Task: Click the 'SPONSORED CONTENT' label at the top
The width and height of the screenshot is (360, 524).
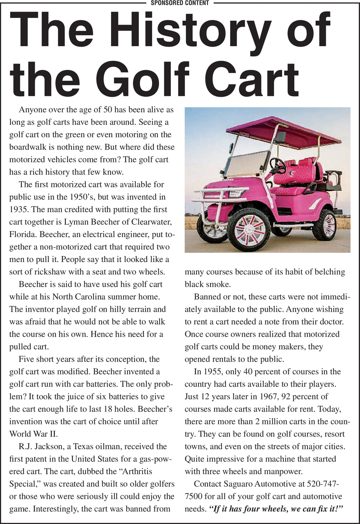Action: pos(180,3)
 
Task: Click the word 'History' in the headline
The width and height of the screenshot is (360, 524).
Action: pos(177,31)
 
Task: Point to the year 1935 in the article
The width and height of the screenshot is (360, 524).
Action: pos(19,210)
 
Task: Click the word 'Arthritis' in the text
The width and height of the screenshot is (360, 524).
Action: pos(134,472)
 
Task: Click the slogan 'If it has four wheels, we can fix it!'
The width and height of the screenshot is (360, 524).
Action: pos(276,509)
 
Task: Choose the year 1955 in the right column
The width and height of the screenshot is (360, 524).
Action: pos(214,372)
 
